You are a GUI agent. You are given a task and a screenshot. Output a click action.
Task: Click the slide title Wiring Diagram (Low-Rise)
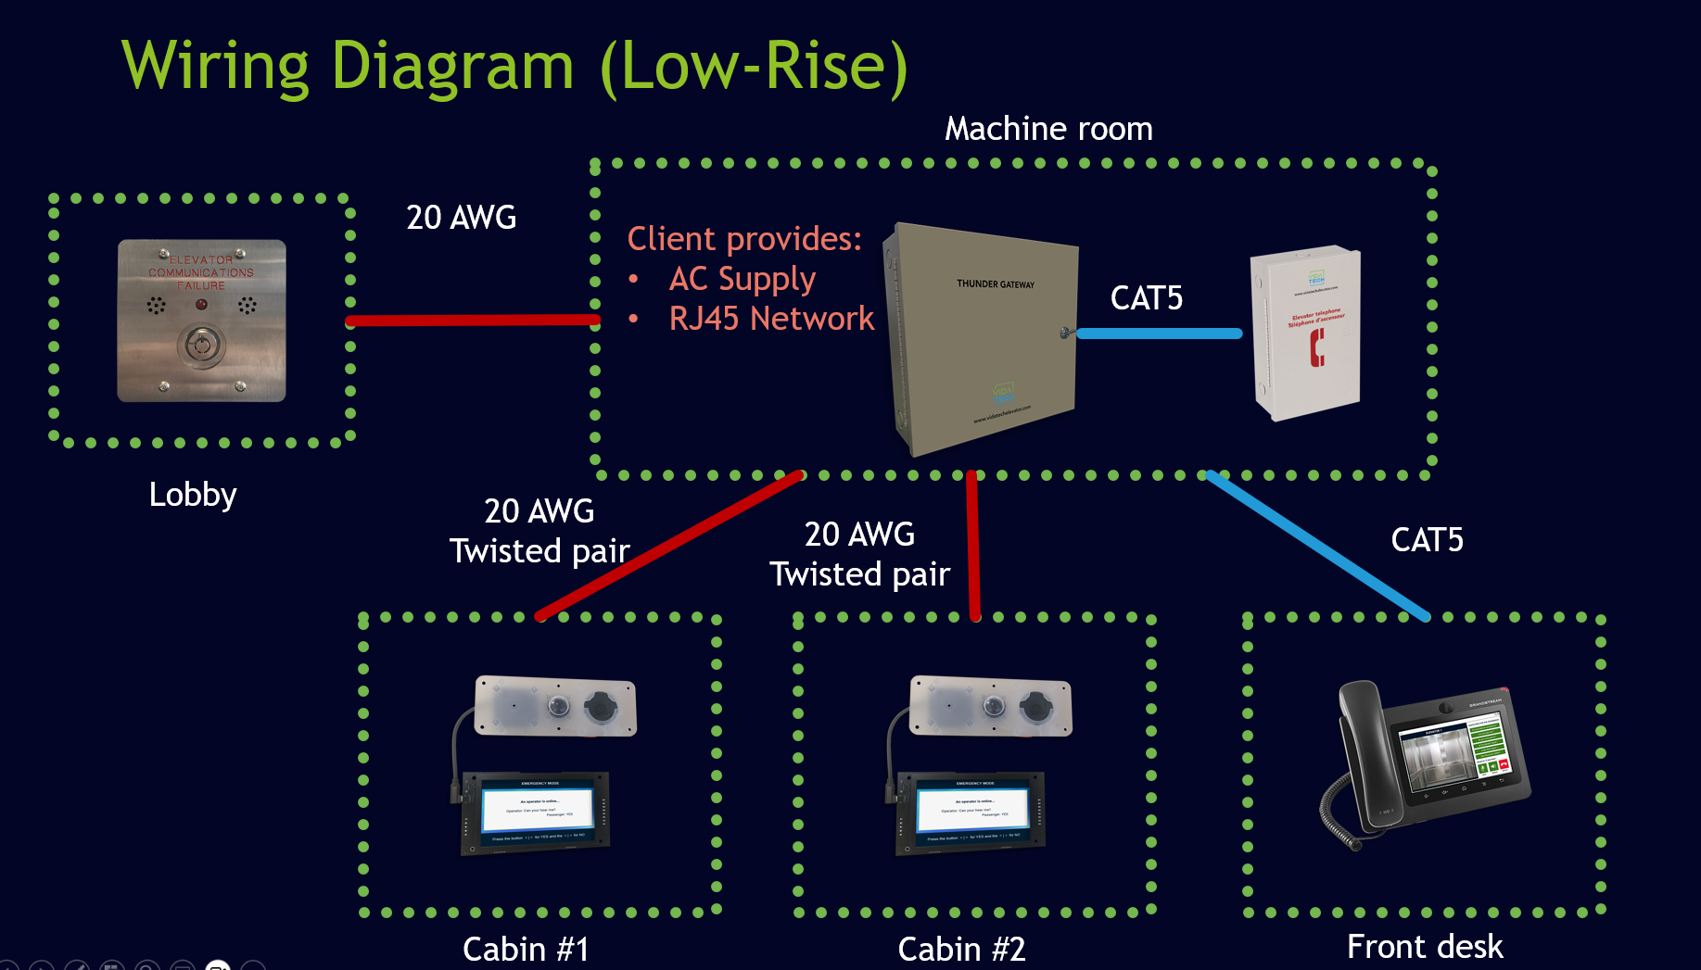tap(514, 67)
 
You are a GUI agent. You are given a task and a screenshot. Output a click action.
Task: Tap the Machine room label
tap(1048, 129)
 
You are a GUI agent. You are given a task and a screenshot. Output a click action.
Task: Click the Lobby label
tap(193, 495)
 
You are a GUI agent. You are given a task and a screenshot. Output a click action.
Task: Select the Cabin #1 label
tap(526, 949)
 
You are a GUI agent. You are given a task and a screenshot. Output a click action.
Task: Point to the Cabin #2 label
tap(961, 949)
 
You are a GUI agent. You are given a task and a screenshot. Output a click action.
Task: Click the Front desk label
tap(1425, 947)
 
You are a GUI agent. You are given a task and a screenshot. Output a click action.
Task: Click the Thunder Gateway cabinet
tap(983, 338)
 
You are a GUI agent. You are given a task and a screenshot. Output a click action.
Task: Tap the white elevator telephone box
tap(1305, 332)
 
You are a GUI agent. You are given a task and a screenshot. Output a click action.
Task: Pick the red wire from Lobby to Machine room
tap(473, 321)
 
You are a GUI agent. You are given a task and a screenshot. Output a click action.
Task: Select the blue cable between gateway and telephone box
tap(1159, 334)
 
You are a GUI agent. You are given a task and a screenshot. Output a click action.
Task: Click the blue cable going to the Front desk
tap(1316, 545)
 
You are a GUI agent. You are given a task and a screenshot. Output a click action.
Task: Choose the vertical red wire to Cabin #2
tap(973, 547)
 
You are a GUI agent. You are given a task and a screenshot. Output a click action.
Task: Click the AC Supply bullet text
tap(742, 279)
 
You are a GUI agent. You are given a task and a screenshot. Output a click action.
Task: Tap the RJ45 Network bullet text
tap(771, 319)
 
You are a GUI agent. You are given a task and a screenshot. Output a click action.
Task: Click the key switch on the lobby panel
tap(201, 346)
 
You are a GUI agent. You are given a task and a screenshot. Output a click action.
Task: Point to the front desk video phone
tap(1428, 760)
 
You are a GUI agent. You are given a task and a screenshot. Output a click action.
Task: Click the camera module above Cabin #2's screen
tap(991, 707)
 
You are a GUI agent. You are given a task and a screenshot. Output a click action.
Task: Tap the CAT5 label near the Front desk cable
tap(1427, 540)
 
